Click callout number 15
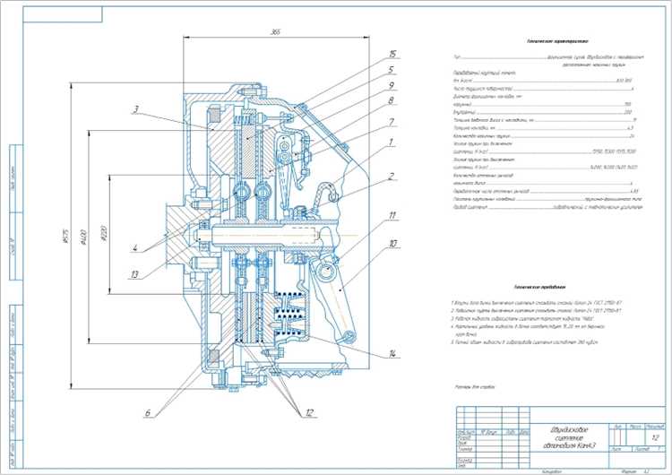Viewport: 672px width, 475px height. pyautogui.click(x=392, y=55)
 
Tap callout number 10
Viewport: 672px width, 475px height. pyautogui.click(x=392, y=244)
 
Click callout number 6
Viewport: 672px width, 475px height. pyautogui.click(x=146, y=413)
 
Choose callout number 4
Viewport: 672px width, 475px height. pyautogui.click(x=134, y=248)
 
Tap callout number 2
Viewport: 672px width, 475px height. pyautogui.click(x=392, y=175)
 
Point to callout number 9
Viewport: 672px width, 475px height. pyautogui.click(x=392, y=86)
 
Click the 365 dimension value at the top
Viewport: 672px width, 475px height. pyautogui.click(x=275, y=32)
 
